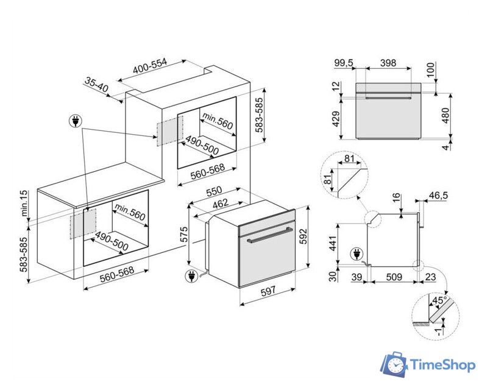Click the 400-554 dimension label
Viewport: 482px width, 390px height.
point(150,67)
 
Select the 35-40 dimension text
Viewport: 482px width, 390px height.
point(96,85)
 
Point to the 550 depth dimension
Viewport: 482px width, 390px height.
point(213,191)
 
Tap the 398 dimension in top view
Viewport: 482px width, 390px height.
point(388,63)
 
